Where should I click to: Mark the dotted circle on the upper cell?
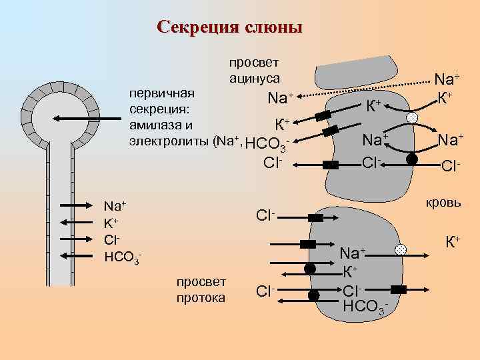[413, 117]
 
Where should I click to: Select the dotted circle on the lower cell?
[400, 250]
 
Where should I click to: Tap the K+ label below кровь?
[453, 239]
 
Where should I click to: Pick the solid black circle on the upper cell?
[413, 159]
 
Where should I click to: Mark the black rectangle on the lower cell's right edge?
[399, 289]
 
